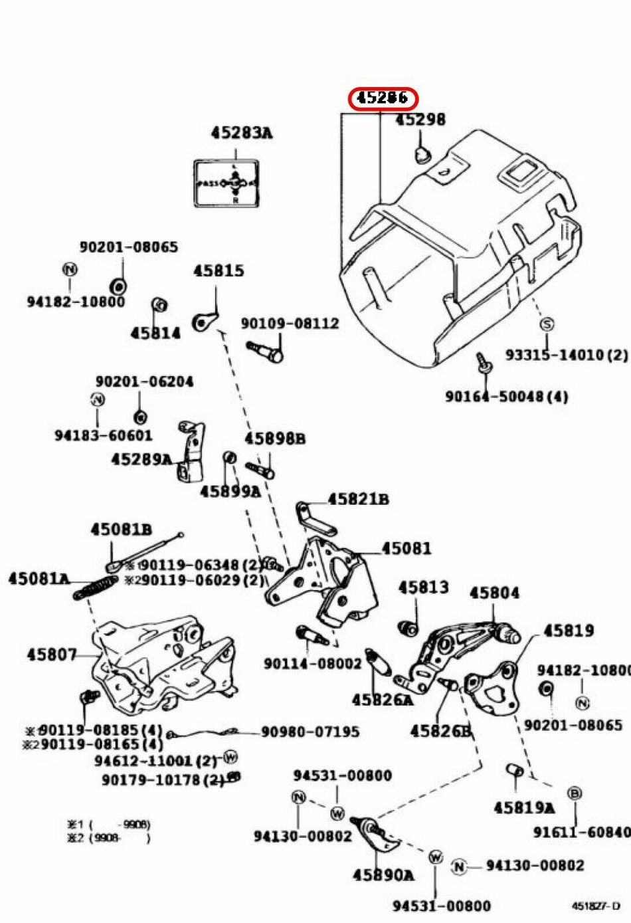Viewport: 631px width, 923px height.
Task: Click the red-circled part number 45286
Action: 383,98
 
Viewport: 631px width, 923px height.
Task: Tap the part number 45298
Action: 420,120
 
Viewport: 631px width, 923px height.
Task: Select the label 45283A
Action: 242,133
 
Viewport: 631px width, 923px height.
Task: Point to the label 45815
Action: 219,271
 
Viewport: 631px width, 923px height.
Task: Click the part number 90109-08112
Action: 290,324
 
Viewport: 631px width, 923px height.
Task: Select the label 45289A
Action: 141,459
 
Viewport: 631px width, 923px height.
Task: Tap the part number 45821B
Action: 358,499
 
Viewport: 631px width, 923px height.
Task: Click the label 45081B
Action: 121,530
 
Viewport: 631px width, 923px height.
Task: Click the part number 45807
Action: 52,655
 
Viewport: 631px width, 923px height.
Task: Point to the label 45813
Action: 423,587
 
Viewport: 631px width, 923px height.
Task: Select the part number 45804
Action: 494,593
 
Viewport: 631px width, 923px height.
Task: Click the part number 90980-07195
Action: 310,732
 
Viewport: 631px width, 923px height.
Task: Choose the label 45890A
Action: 383,875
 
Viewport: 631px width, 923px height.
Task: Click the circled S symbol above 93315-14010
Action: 546,324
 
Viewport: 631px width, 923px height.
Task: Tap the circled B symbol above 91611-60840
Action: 575,793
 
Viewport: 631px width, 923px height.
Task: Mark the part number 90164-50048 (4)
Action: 506,397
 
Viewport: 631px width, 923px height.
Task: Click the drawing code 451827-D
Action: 595,905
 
